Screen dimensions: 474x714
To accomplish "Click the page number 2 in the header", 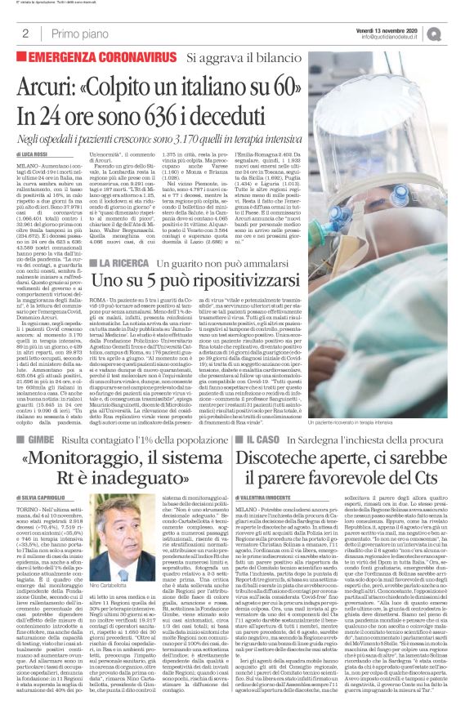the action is click(26, 33).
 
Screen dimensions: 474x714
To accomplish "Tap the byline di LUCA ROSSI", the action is click(34, 154).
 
